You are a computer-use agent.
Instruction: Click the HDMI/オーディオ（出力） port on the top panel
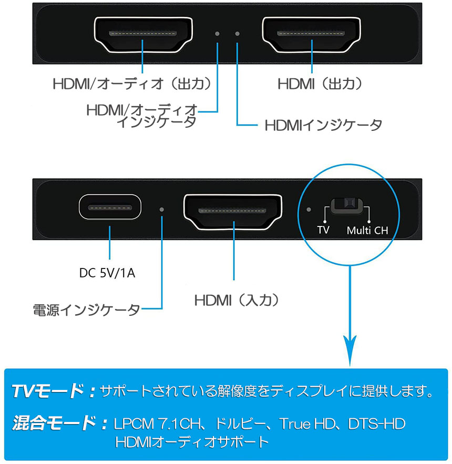coord(143,35)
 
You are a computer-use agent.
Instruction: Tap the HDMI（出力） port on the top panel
coord(311,35)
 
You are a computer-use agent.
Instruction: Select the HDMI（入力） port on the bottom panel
coord(233,212)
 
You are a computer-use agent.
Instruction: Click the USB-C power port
coord(110,207)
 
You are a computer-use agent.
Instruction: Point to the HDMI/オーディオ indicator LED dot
coord(217,34)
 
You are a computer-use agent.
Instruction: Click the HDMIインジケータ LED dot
coord(237,34)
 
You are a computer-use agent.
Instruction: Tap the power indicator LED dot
coord(162,210)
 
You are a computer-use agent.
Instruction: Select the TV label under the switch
coord(323,230)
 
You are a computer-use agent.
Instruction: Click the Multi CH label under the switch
coord(367,230)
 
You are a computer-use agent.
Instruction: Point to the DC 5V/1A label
coord(107,273)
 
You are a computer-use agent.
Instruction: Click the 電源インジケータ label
coord(86,310)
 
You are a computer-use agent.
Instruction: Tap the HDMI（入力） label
coord(237,301)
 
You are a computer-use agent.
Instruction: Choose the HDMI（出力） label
coord(320,84)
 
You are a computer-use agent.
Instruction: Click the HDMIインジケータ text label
coord(323,125)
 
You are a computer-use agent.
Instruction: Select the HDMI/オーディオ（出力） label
coord(132,84)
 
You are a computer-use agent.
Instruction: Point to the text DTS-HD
coord(377,424)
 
